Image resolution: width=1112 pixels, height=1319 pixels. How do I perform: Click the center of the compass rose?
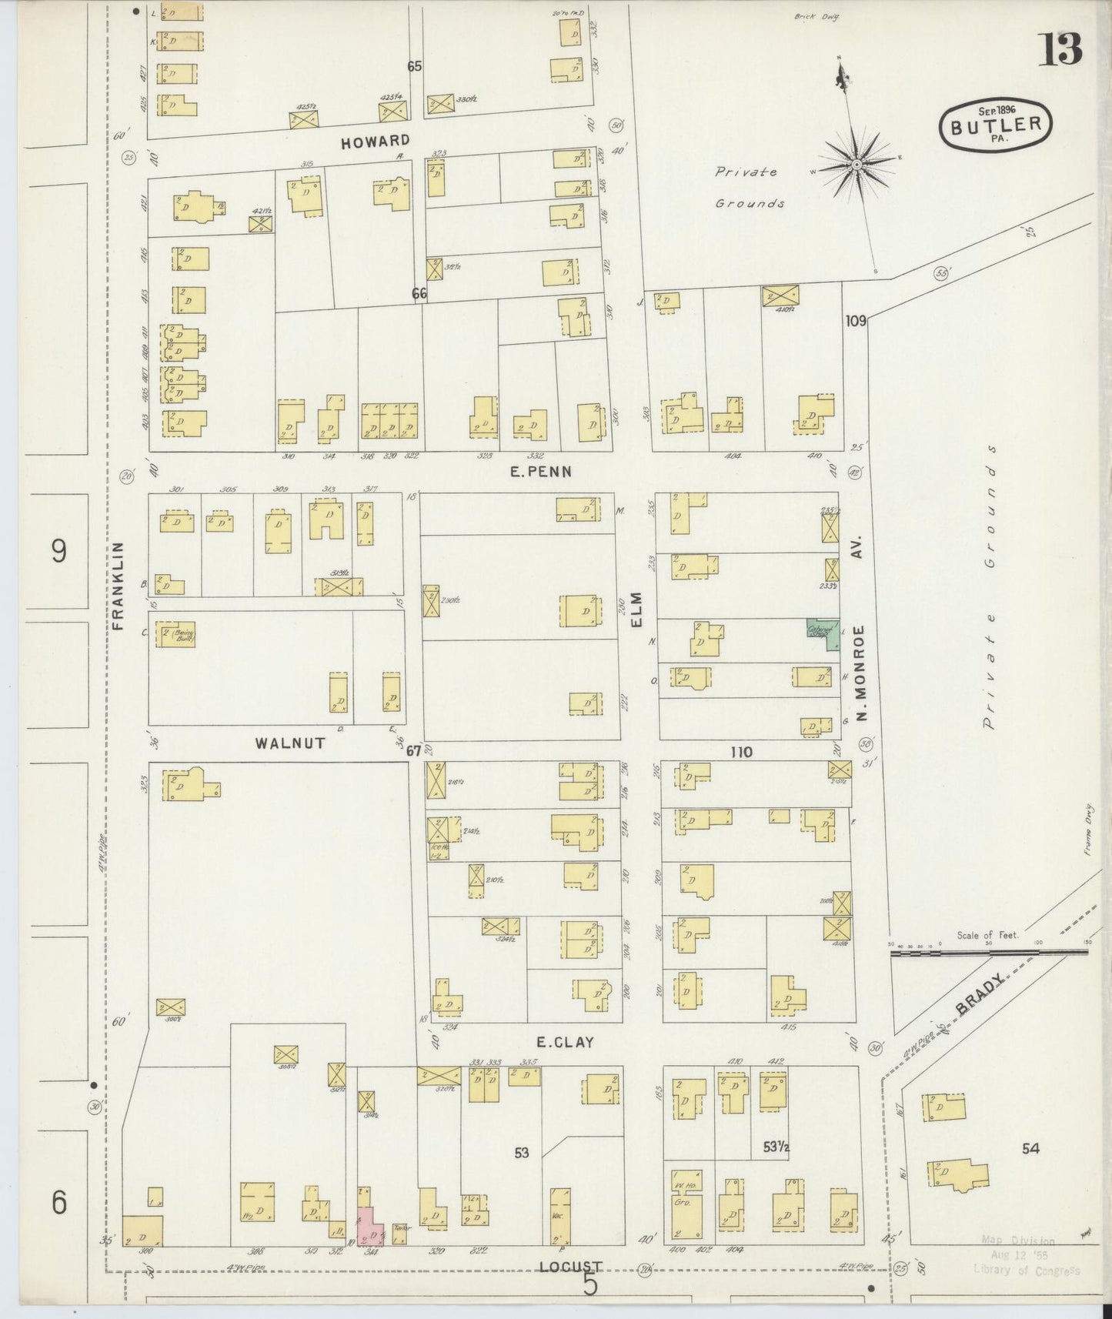tap(856, 165)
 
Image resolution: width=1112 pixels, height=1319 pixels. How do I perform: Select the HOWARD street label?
tap(376, 141)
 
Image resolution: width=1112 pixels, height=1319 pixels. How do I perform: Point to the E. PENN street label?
tap(541, 471)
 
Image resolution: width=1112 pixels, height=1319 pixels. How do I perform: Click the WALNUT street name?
tap(290, 743)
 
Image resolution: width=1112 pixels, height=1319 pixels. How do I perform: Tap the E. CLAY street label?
tap(565, 1042)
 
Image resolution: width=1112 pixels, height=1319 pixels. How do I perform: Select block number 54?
tap(1030, 1148)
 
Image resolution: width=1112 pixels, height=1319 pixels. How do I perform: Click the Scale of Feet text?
tap(987, 935)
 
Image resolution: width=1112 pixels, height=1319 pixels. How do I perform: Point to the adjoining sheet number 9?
tap(59, 551)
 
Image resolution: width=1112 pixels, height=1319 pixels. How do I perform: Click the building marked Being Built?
tap(176, 635)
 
